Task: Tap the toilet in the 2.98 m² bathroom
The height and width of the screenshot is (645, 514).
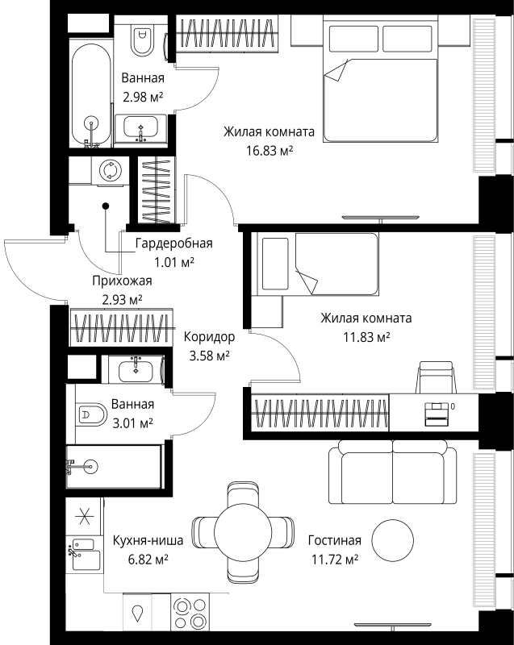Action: [144, 40]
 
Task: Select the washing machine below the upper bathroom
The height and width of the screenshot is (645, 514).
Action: [107, 170]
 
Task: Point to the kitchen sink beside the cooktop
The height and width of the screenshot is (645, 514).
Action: [139, 614]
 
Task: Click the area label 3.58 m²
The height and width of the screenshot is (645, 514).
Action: [208, 355]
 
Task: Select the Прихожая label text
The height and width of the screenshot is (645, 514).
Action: [121, 281]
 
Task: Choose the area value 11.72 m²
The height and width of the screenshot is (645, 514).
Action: [334, 558]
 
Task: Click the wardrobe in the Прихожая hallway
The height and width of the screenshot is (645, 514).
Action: [121, 327]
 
